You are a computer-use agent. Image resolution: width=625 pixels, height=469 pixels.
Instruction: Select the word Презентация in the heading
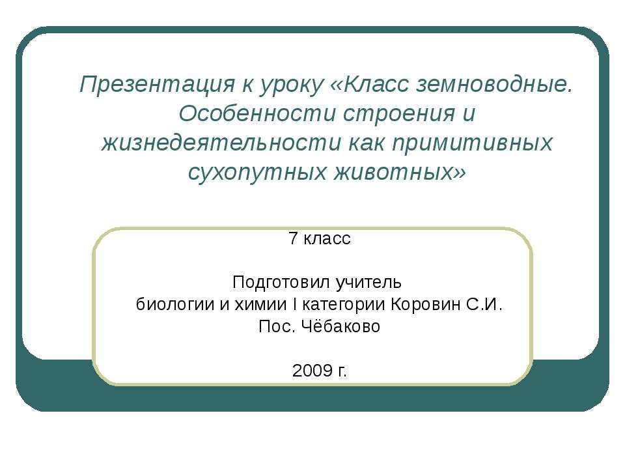(157, 85)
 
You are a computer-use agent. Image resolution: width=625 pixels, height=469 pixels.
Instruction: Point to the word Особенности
(257, 113)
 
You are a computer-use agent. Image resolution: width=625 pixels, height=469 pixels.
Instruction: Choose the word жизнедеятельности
(221, 143)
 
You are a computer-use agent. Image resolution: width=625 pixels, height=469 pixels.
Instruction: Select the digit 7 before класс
(293, 238)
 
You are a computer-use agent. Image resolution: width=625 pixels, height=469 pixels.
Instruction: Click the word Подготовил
(281, 283)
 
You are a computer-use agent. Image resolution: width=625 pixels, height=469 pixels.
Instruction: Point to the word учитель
(368, 283)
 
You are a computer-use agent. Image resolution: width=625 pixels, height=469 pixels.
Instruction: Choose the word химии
(260, 305)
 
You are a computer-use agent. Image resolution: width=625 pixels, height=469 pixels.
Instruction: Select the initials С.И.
(484, 304)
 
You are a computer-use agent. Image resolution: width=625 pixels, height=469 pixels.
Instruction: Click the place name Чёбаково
(340, 326)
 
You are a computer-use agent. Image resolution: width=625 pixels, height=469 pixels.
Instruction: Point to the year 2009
(312, 371)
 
